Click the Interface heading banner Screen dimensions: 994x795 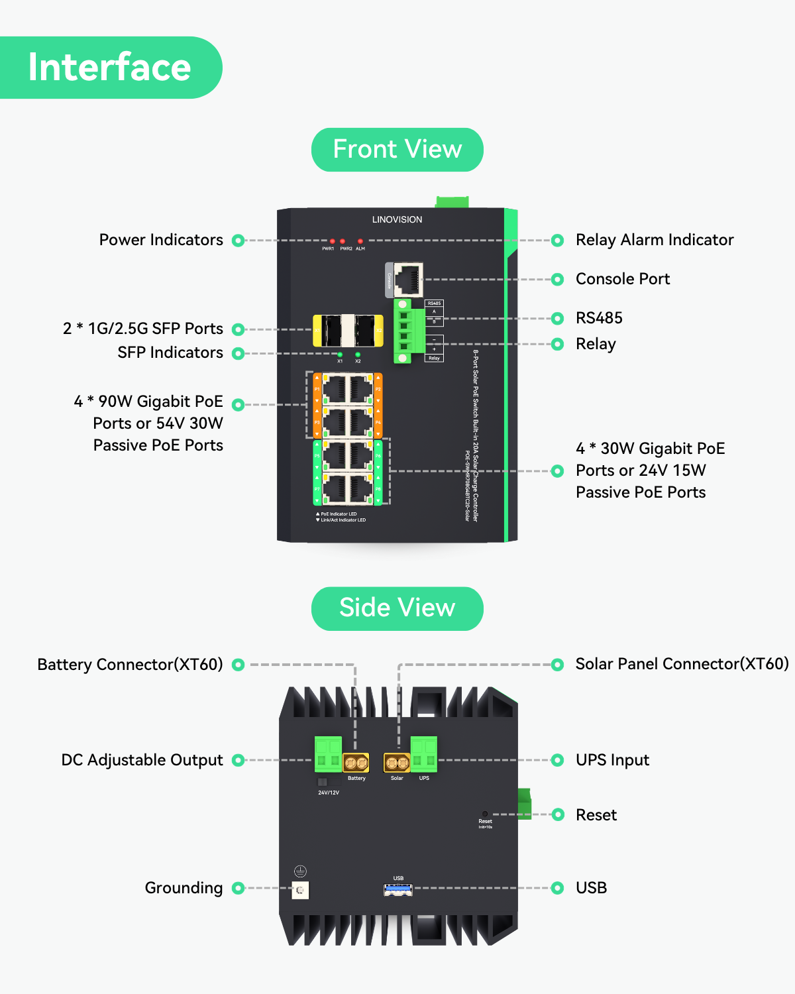(110, 68)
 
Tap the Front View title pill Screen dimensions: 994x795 (397, 150)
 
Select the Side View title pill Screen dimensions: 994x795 (397, 608)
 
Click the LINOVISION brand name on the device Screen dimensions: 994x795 (397, 219)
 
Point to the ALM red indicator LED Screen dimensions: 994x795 (360, 241)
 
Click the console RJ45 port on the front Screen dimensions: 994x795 (408, 280)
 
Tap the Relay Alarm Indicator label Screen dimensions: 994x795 (655, 240)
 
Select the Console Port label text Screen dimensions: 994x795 (623, 279)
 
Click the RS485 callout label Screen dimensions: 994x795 (599, 318)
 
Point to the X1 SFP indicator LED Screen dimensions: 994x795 (340, 355)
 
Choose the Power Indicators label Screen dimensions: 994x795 (161, 240)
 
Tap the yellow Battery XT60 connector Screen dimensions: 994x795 (356, 763)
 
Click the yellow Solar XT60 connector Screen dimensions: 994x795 (397, 763)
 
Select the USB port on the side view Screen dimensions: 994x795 (398, 889)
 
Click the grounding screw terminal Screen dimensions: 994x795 (300, 890)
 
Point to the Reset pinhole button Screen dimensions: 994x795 (485, 814)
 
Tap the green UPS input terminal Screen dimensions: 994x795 (424, 754)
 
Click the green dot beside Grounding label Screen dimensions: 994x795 (238, 888)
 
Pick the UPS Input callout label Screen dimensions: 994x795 (612, 760)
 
